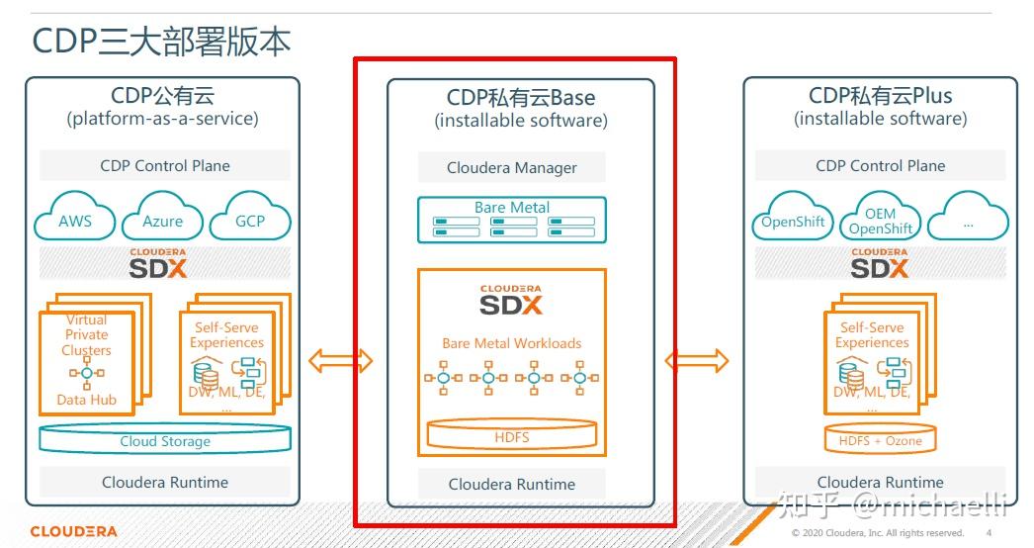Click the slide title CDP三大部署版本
[161, 41]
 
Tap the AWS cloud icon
[75, 220]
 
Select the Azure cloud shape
[162, 221]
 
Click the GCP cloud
[249, 220]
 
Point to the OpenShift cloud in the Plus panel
[793, 222]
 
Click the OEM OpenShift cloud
[880, 221]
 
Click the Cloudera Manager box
[511, 168]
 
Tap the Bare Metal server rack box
[511, 221]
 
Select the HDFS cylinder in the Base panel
[511, 435]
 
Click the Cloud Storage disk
[165, 440]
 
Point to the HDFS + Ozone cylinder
[880, 439]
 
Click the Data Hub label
[86, 400]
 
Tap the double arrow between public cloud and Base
[341, 361]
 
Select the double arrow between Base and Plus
[697, 361]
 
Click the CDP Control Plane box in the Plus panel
[880, 165]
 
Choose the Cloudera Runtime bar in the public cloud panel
[165, 482]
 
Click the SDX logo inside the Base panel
[511, 300]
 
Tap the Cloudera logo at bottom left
[73, 531]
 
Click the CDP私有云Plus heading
[880, 96]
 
